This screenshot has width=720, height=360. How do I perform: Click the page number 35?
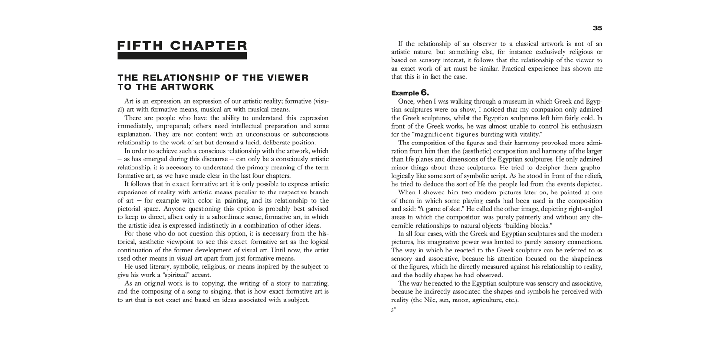pyautogui.click(x=597, y=28)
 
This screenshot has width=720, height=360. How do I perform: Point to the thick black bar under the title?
pyautogui.click(x=182, y=56)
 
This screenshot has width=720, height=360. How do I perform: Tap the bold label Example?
pyautogui.click(x=405, y=93)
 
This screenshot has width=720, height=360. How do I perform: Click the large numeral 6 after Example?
pyautogui.click(x=424, y=92)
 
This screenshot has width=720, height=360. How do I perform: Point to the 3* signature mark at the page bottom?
pyautogui.click(x=393, y=310)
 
